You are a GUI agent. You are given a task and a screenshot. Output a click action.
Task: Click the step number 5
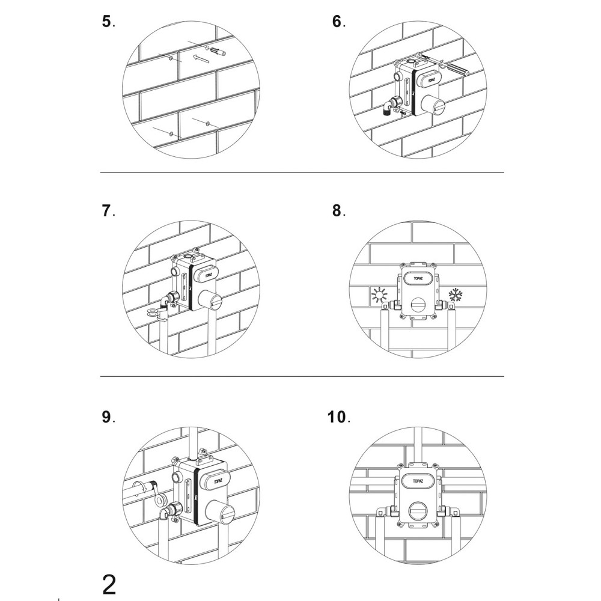point(106,22)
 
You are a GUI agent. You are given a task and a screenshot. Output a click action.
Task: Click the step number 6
point(337,22)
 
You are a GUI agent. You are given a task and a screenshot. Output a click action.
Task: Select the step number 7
point(106,211)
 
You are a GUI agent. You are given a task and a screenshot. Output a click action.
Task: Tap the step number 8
point(337,211)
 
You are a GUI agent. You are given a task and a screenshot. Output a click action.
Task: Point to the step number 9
point(106,417)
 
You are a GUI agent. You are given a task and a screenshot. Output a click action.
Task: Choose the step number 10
point(337,417)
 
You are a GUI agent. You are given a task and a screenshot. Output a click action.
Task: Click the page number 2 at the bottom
point(109,585)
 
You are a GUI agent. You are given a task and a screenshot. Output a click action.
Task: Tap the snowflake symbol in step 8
point(455,294)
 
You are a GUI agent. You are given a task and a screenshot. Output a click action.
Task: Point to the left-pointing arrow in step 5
point(200,58)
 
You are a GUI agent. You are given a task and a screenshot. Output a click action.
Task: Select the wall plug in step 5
point(218,51)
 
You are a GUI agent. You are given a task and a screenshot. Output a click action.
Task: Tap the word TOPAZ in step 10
point(418,481)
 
